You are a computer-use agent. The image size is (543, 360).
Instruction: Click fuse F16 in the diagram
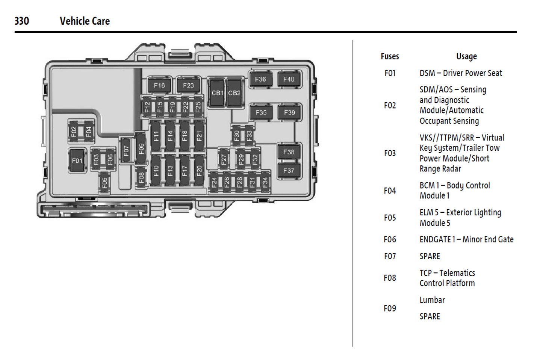pos(159,85)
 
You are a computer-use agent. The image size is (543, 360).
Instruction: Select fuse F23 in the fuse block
pos(188,85)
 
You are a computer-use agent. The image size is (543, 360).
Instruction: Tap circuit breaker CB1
pos(217,93)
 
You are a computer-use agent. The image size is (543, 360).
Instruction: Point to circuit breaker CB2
pos(234,93)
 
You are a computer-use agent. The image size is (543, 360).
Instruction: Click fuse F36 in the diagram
pos(260,79)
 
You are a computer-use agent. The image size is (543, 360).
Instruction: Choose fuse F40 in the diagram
pos(289,79)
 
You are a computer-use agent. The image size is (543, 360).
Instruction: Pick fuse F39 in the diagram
pos(289,112)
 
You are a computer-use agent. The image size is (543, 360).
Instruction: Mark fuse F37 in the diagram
pos(289,171)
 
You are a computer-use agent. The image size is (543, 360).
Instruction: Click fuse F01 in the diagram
pos(77,161)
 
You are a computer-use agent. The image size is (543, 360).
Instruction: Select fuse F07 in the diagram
pos(126,150)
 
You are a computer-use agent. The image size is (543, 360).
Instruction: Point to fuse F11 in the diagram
pos(156,136)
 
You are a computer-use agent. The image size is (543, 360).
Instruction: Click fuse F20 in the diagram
pos(199,171)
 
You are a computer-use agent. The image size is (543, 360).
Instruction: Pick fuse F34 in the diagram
pos(265,183)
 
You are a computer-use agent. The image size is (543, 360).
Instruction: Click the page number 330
pos(22,21)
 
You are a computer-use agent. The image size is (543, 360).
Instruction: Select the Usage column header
pos(466,56)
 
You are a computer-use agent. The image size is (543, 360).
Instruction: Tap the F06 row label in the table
pos(390,239)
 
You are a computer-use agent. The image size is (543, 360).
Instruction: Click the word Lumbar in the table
pos(432,300)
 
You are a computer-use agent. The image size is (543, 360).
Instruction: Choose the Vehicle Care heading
pos(85,21)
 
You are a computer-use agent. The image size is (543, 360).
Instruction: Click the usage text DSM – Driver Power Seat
pos(461,73)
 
